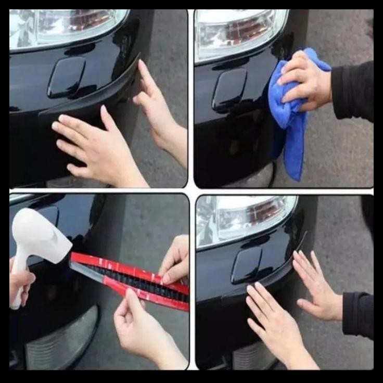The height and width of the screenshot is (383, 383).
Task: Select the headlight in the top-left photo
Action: [62, 26]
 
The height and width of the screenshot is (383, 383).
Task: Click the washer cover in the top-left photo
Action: [66, 77]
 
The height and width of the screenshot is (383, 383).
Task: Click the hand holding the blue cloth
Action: [307, 78]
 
